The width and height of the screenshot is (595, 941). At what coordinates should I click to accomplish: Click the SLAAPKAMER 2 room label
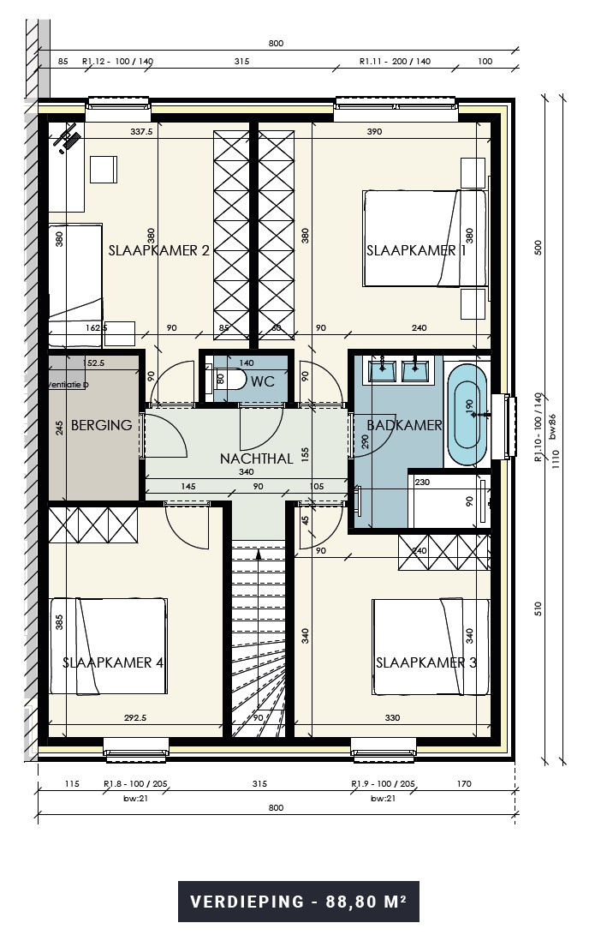(159, 250)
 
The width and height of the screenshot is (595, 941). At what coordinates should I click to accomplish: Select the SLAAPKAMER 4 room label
(113, 662)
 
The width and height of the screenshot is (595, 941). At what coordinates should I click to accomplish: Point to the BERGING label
(101, 425)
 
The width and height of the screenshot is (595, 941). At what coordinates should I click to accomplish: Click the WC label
(264, 381)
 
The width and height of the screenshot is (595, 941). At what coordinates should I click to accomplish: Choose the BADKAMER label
(404, 425)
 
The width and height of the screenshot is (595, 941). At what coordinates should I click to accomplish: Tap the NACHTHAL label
(256, 459)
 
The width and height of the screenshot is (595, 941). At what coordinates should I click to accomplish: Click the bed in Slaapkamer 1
(425, 237)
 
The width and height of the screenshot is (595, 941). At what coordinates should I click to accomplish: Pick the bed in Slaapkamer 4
(109, 647)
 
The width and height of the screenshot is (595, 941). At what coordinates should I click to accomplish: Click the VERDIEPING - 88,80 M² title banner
(298, 902)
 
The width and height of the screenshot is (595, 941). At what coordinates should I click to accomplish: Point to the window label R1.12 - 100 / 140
(117, 61)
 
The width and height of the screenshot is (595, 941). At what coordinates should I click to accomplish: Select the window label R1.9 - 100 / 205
(383, 783)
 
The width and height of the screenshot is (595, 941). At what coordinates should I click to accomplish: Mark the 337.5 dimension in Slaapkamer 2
(140, 132)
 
